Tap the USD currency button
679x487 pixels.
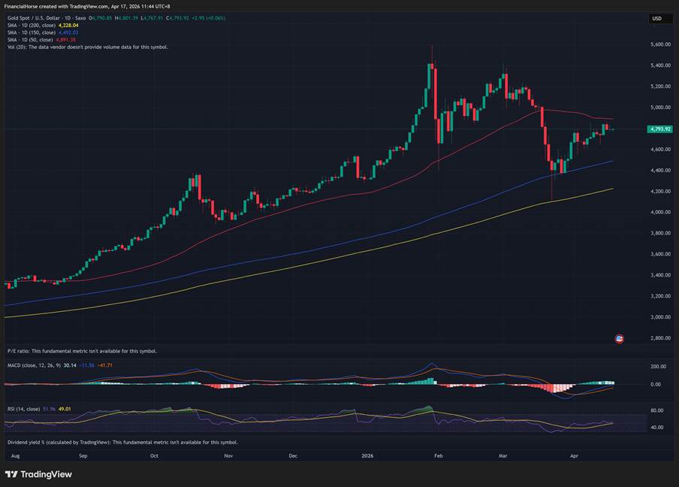pyautogui.click(x=657, y=19)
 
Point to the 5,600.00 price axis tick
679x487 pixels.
pyautogui.click(x=661, y=44)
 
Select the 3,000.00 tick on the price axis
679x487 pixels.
pyautogui.click(x=661, y=317)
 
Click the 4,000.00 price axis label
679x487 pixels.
pyautogui.click(x=661, y=213)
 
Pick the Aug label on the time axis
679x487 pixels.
pyautogui.click(x=16, y=455)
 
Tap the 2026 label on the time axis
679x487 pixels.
pyautogui.click(x=367, y=455)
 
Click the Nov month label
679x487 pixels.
pyautogui.click(x=228, y=455)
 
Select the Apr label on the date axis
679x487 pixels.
pyautogui.click(x=575, y=455)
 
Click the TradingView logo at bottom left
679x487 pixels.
pyautogui.click(x=39, y=474)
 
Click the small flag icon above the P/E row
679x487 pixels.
pyautogui.click(x=619, y=339)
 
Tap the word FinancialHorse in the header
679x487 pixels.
pyautogui.click(x=23, y=6)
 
